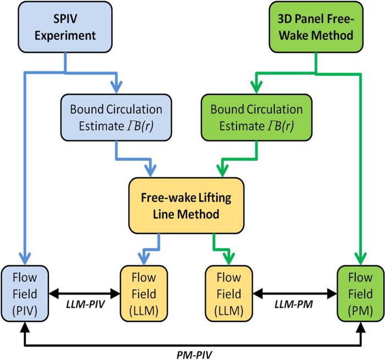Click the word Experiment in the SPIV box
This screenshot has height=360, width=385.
tap(51, 36)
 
